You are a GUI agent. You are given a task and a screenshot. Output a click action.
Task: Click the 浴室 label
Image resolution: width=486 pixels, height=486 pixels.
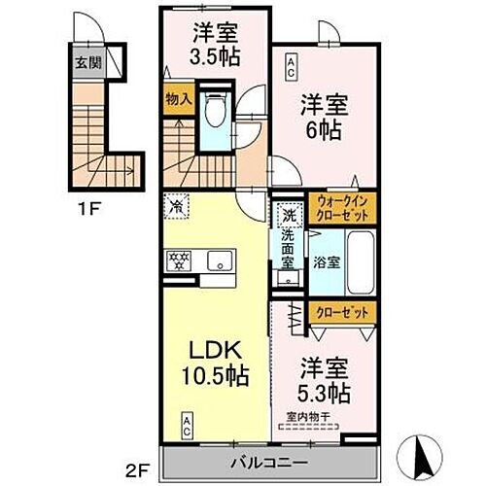pos(327,261)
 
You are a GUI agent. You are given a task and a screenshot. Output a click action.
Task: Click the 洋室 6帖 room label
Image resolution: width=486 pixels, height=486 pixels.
pos(323,115)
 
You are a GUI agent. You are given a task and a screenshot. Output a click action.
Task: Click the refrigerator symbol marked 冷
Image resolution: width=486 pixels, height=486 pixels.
pos(177,206)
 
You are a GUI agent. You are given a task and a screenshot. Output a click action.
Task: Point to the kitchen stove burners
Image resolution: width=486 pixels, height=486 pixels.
pos(182,260)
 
